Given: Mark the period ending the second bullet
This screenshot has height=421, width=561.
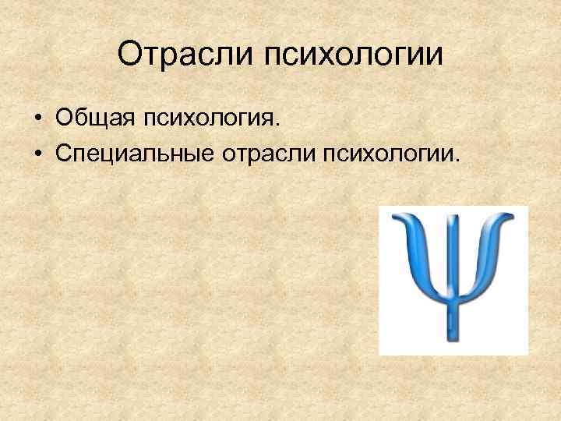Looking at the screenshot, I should [459, 156].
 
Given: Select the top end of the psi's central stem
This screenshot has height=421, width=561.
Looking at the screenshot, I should [452, 212].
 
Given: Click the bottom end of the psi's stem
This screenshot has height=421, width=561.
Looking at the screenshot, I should [452, 340].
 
